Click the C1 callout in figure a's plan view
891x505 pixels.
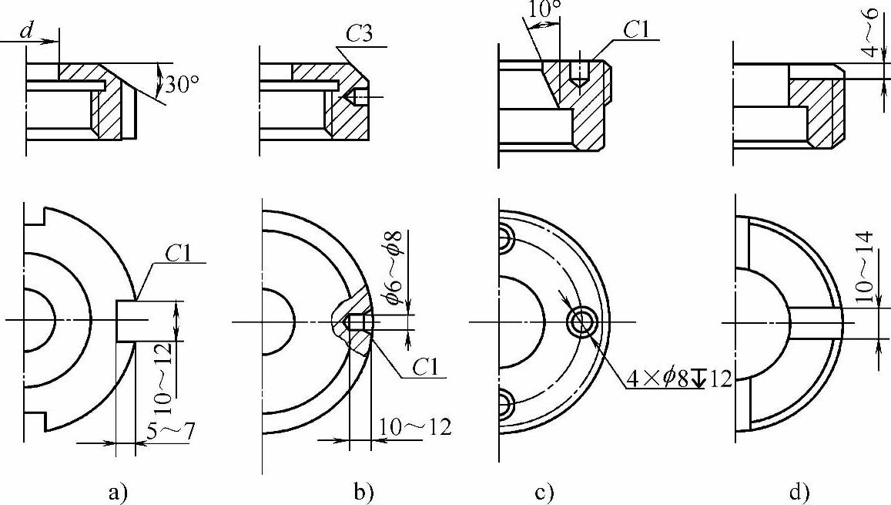179,252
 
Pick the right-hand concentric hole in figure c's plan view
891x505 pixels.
580,322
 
